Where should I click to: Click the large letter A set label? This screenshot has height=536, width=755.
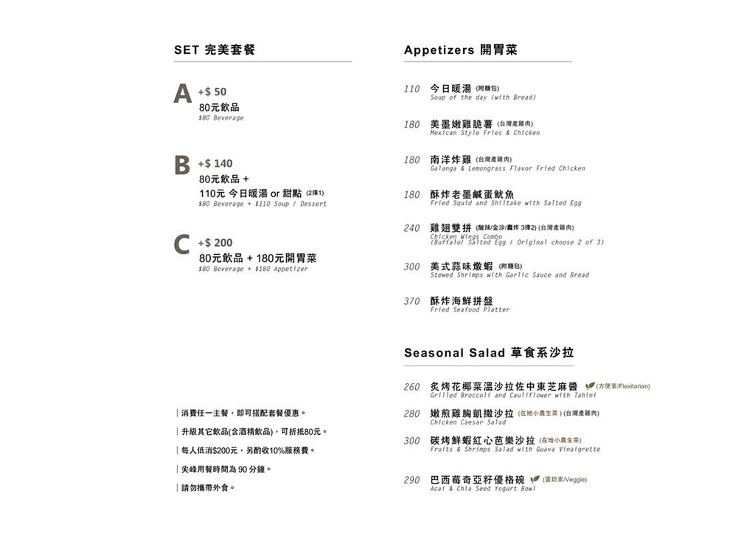[x=183, y=94]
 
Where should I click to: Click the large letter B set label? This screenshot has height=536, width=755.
[x=181, y=165]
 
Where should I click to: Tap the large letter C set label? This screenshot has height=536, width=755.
[x=182, y=244]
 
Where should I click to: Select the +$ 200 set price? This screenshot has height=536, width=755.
[x=215, y=242]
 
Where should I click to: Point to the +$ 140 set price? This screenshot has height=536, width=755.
[x=215, y=163]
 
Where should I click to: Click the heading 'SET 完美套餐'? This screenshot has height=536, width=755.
[x=215, y=50]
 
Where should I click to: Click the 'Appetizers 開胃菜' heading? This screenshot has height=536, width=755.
[x=461, y=50]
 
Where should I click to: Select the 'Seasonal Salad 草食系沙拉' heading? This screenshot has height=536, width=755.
[x=489, y=353]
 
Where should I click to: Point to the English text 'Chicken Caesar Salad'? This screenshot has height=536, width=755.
[x=468, y=422]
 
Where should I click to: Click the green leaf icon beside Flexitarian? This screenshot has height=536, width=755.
[x=590, y=386]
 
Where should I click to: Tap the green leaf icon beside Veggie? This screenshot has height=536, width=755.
[x=535, y=479]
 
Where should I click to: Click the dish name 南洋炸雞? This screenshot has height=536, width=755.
[x=450, y=159]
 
